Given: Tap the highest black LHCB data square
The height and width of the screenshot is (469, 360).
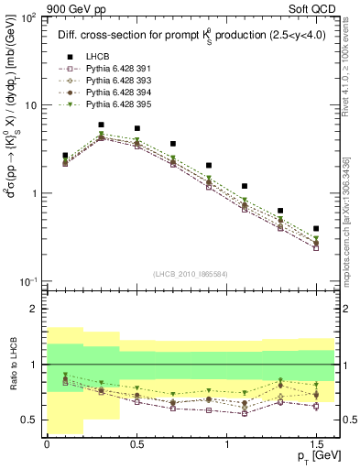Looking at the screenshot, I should pyautogui.click(x=101, y=125).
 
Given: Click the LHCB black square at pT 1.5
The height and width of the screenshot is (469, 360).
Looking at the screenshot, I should pyautogui.click(x=316, y=228).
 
